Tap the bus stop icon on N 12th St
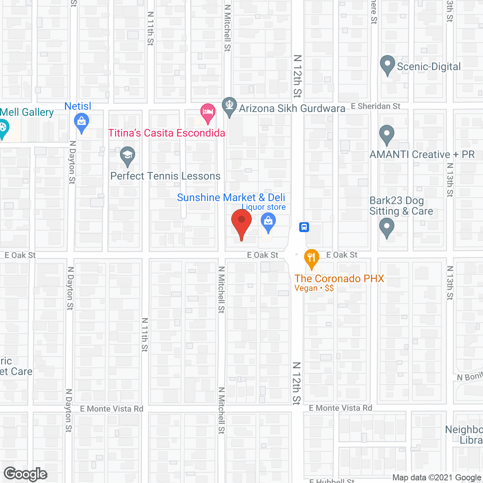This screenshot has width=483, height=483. coord(304,227)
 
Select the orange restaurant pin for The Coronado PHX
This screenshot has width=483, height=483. coord(311,258)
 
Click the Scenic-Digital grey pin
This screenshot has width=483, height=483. coord(387,65)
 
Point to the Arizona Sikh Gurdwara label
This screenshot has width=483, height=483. coord(292,109)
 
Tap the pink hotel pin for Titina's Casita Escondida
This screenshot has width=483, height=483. coord(208,112)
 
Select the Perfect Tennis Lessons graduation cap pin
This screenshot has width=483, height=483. coord(128,155)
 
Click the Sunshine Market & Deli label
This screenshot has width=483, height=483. coord(231,198)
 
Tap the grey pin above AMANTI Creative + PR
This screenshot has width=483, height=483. coord(386,134)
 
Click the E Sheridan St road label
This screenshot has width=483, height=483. coord(375,106)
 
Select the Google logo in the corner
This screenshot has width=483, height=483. coord(26,474)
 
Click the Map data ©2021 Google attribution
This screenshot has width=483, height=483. coord(437,478)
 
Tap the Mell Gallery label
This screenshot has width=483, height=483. coord(27,112)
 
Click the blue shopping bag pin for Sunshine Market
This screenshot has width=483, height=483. coord(268,222)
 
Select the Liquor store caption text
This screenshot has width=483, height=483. coord(264,207)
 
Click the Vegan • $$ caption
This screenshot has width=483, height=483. coord(314,288)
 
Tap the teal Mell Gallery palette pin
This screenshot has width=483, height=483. coord(3,128)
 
